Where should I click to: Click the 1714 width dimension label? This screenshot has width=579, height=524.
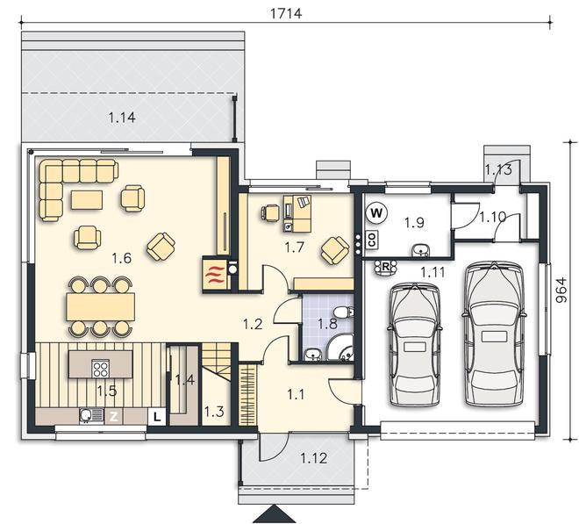pyautogui.click(x=286, y=13)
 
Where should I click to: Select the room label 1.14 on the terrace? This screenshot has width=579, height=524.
pyautogui.click(x=122, y=118)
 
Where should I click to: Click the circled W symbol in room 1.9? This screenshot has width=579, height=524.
pyautogui.click(x=376, y=213)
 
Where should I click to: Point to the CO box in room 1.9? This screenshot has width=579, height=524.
pyautogui.click(x=371, y=240)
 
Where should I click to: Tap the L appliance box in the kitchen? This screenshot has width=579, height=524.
pyautogui.click(x=157, y=417)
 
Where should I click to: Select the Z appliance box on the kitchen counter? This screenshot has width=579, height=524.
pyautogui.click(x=114, y=417)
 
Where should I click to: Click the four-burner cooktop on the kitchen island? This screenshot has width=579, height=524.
pyautogui.click(x=100, y=368)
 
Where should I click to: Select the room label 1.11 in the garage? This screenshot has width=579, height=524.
pyautogui.click(x=432, y=273)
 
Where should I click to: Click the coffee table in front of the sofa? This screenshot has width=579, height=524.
pyautogui.click(x=87, y=199)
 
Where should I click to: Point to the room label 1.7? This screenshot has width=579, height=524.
pyautogui.click(x=294, y=248)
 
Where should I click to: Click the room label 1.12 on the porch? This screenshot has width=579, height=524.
pyautogui.click(x=313, y=458)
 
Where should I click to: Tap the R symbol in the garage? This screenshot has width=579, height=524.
pyautogui.click(x=385, y=267)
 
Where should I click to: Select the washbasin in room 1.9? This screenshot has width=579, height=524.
pyautogui.click(x=420, y=250)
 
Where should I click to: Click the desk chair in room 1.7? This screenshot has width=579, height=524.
pyautogui.click(x=270, y=213)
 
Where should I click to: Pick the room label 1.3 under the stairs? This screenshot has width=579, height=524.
pyautogui.click(x=214, y=412)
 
